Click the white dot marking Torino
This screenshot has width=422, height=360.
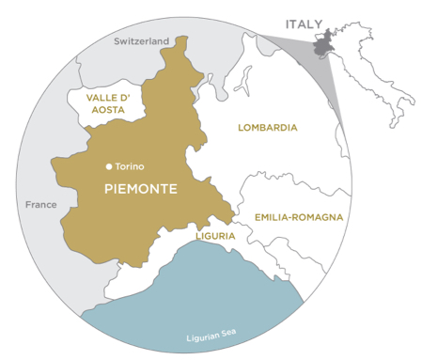point(109,166)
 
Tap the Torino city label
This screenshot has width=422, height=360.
point(130,166)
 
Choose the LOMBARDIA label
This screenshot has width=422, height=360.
point(268,127)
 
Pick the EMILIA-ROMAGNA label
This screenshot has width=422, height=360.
point(298,217)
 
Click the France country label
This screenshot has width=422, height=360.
point(42,205)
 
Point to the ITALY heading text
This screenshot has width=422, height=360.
point(303,23)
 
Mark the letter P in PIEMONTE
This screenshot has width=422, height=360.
point(106,191)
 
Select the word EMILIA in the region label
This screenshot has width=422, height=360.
point(274,217)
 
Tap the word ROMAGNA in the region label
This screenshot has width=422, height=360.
point(319,217)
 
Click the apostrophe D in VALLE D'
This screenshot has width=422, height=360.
point(124,97)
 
